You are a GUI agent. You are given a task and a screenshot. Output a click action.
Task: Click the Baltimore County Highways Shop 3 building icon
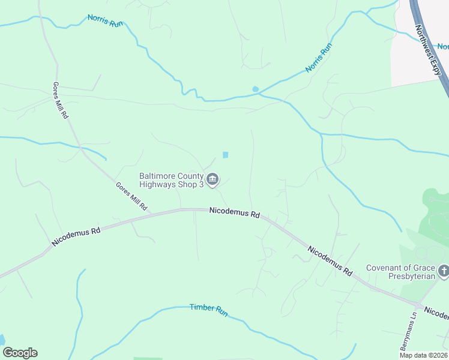tap(213, 179)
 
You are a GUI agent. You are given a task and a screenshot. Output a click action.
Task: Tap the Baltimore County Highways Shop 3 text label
tap(172, 180)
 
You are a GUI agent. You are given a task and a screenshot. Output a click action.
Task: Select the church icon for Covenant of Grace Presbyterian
tap(443, 271)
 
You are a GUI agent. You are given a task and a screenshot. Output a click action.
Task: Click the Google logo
tap(20, 353)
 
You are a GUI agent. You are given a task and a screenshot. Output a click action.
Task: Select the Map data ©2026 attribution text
tap(423, 355)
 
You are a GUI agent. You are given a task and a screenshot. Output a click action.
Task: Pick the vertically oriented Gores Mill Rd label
tap(60, 100)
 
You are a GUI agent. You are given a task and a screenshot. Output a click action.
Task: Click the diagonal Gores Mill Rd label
tap(132, 196)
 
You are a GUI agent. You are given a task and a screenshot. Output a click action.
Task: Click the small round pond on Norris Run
tap(255, 89)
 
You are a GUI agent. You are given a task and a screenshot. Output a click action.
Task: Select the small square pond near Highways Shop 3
tap(226, 155)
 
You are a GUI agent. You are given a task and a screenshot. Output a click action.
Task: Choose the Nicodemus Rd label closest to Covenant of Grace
tap(330, 260)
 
